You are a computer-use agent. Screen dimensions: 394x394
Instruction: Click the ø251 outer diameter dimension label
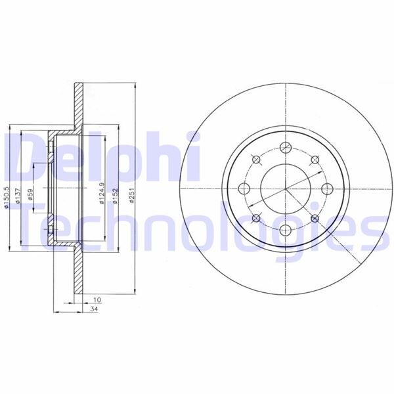coord(132,196)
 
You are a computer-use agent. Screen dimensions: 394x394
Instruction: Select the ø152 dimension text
coord(115,196)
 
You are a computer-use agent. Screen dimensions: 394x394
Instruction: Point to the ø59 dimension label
coord(31,198)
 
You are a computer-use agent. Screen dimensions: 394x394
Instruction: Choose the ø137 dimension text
coord(18,197)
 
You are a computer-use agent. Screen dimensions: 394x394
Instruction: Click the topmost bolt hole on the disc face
coord(285,148)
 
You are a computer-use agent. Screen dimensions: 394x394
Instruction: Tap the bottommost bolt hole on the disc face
coord(285,230)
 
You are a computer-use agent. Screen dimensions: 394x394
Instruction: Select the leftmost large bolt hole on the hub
coord(244,190)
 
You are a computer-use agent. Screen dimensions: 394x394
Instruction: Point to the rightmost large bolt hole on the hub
coord(326,189)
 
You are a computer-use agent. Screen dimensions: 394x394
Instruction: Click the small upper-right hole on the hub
coord(315,160)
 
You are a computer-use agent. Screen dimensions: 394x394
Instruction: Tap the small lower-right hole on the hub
coord(315,219)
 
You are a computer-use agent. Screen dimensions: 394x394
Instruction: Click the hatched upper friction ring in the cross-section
coord(78,105)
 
